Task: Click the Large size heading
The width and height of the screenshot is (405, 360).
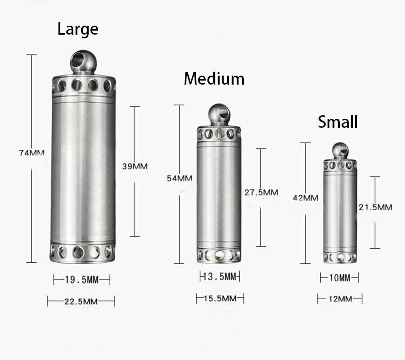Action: click(78, 29)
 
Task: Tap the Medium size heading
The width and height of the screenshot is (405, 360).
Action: click(214, 79)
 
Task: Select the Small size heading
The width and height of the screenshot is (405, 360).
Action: click(337, 121)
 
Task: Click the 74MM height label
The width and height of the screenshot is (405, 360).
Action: click(31, 153)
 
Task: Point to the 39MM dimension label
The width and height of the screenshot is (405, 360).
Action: click(135, 166)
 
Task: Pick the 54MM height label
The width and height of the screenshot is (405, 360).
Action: click(179, 178)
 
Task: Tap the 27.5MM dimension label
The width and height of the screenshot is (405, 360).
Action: click(261, 192)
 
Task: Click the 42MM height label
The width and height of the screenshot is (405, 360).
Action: click(305, 198)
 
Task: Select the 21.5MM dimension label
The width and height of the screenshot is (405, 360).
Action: click(375, 207)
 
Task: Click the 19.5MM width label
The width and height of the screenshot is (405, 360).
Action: click(81, 280)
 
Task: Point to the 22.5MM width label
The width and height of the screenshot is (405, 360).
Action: click(81, 301)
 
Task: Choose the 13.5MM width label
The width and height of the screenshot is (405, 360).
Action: click(220, 276)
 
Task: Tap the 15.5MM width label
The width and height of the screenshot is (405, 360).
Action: click(220, 298)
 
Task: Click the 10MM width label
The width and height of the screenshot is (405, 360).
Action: click(339, 278)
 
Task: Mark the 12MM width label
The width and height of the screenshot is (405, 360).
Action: click(339, 298)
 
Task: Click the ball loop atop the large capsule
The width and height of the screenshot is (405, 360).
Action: click(83, 62)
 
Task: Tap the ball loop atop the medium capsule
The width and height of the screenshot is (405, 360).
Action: click(219, 114)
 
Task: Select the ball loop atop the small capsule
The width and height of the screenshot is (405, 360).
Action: click(340, 151)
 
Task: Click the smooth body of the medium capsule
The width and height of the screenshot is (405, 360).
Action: click(219, 193)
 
